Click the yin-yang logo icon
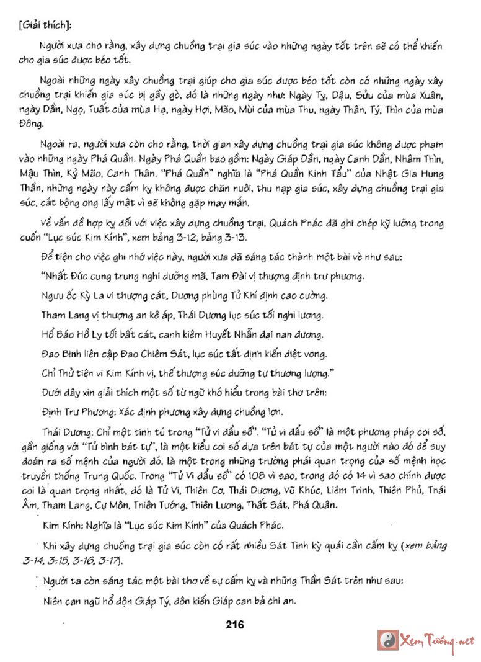click(x=388, y=640)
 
